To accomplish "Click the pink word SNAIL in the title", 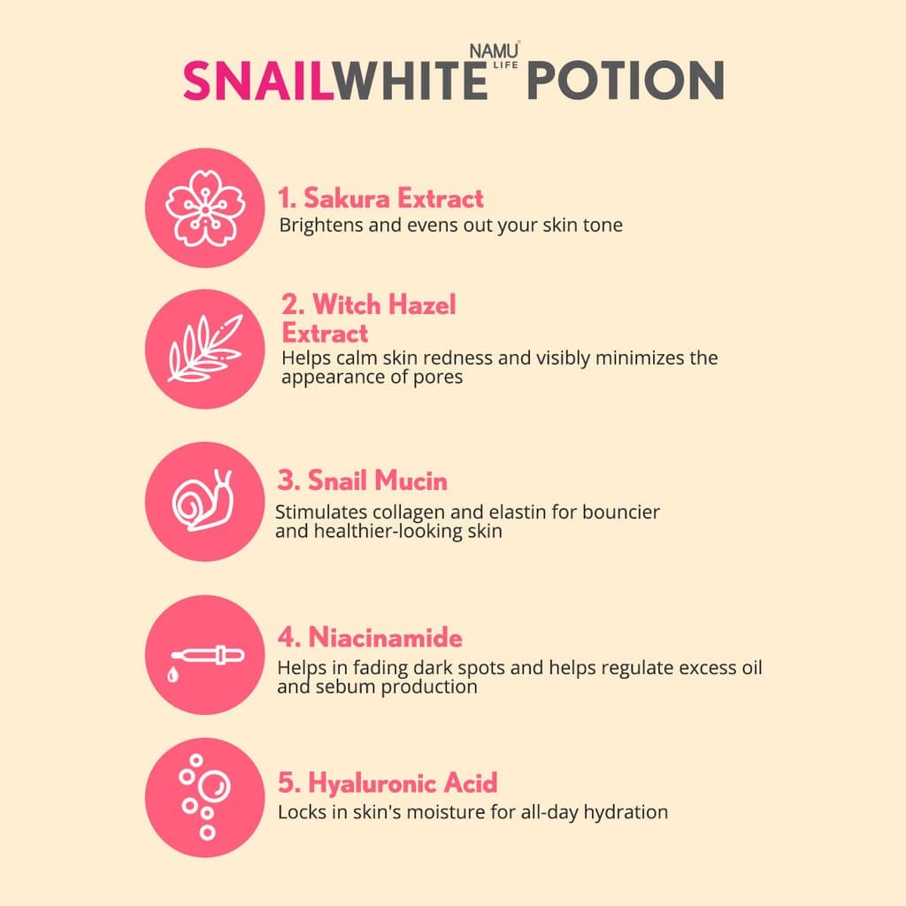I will [x=257, y=81].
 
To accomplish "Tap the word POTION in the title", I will [x=625, y=81].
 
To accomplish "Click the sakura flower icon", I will [x=204, y=207].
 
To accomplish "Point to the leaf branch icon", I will [x=204, y=349].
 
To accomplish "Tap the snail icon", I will [x=204, y=501].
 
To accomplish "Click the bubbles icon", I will [x=204, y=797].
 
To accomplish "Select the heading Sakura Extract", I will [x=381, y=198].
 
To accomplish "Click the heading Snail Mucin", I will [x=363, y=480].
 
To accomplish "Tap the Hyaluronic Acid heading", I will [x=388, y=782].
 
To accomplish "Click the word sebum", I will [x=342, y=687].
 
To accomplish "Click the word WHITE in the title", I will [x=411, y=81].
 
